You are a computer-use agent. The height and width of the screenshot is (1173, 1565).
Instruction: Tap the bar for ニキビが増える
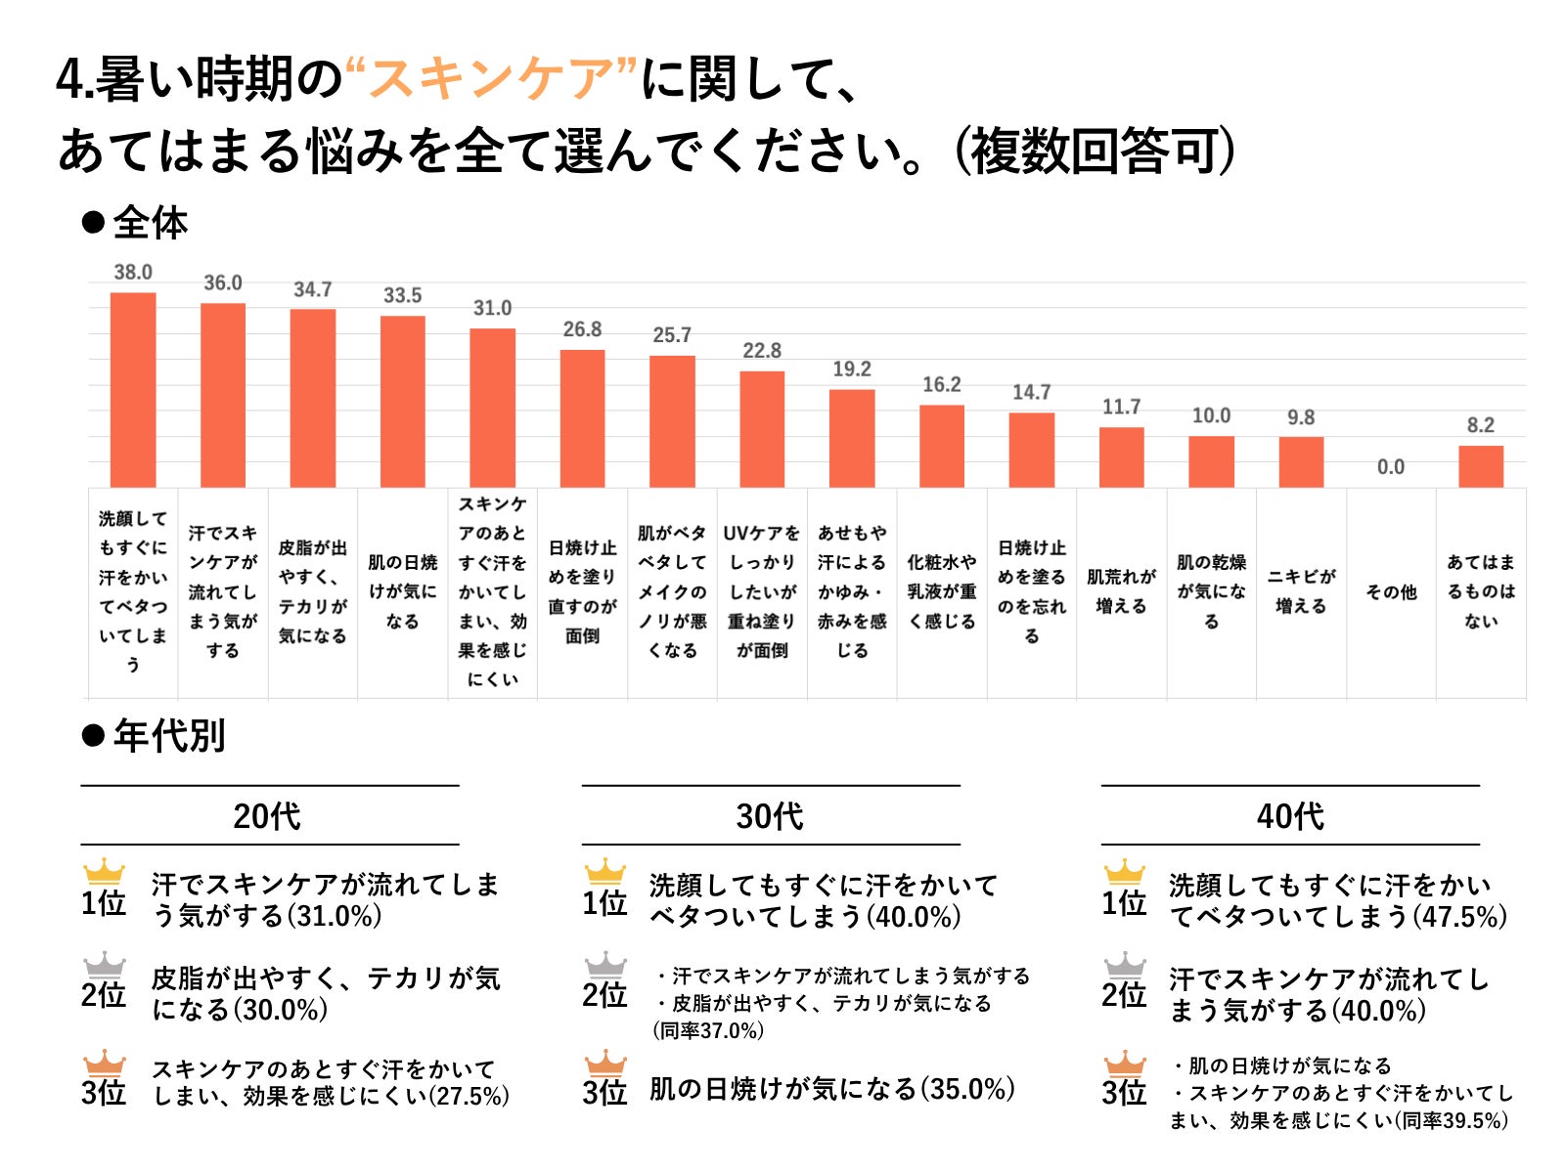coord(1301,461)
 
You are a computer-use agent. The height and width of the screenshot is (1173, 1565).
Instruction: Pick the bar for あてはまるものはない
coord(1481,466)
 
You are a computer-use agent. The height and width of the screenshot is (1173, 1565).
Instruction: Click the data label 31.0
coord(492,308)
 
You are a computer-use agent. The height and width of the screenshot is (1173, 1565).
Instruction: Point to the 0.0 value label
coord(1391,467)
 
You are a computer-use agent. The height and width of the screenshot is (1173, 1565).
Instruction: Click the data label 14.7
coord(1031,392)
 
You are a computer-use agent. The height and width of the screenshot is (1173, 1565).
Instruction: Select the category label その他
coord(1391,592)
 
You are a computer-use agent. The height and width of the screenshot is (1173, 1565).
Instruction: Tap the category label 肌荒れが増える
coord(1121,591)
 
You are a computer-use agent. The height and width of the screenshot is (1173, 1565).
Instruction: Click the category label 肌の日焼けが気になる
coord(402,591)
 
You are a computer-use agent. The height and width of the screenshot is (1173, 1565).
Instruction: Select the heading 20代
coord(267,815)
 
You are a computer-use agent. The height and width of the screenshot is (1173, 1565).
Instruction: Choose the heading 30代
coord(770,815)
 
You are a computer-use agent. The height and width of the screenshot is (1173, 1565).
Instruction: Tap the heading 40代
coord(1290,815)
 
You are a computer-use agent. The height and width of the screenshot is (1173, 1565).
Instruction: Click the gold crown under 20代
coord(105,871)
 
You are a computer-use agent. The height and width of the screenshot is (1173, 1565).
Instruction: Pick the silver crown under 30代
coord(605,965)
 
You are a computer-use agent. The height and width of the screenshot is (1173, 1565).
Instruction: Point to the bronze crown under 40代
coord(1125,1063)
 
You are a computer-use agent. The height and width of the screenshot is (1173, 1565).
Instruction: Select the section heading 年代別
coord(168,735)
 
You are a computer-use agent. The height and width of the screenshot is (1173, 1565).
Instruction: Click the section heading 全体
coord(149,223)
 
